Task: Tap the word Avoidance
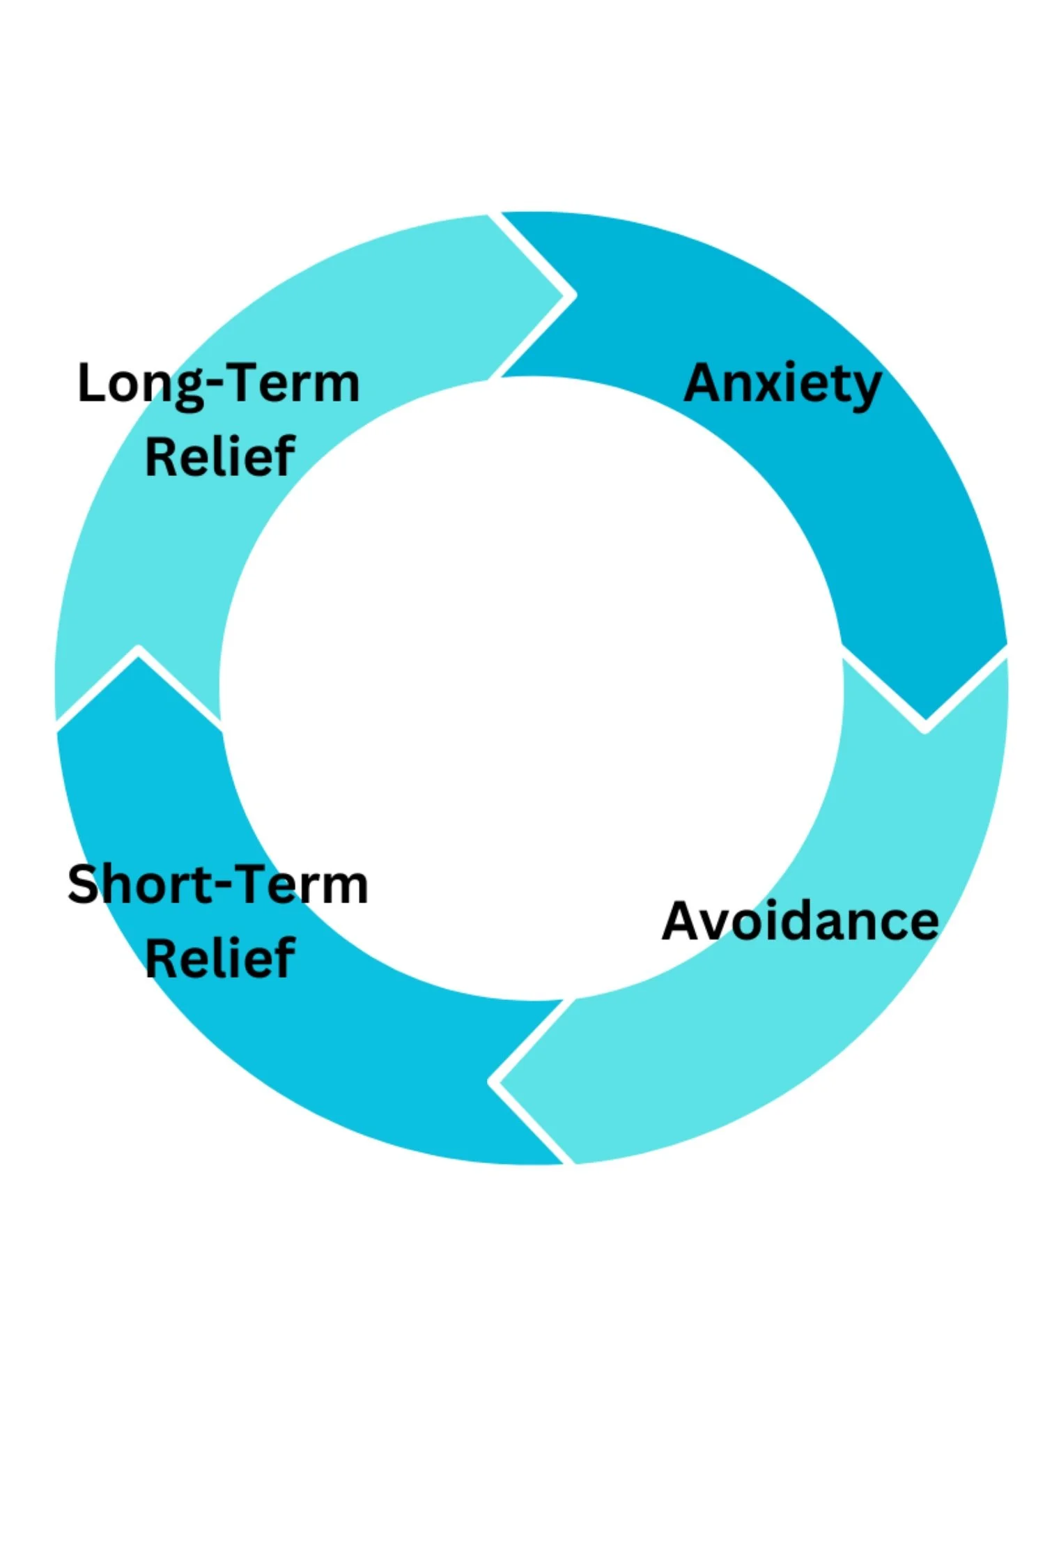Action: click(x=800, y=921)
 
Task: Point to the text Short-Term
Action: click(x=217, y=884)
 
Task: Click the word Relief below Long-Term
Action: click(x=220, y=456)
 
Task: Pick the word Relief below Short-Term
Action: click(x=220, y=958)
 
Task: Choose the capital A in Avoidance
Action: click(x=683, y=921)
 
